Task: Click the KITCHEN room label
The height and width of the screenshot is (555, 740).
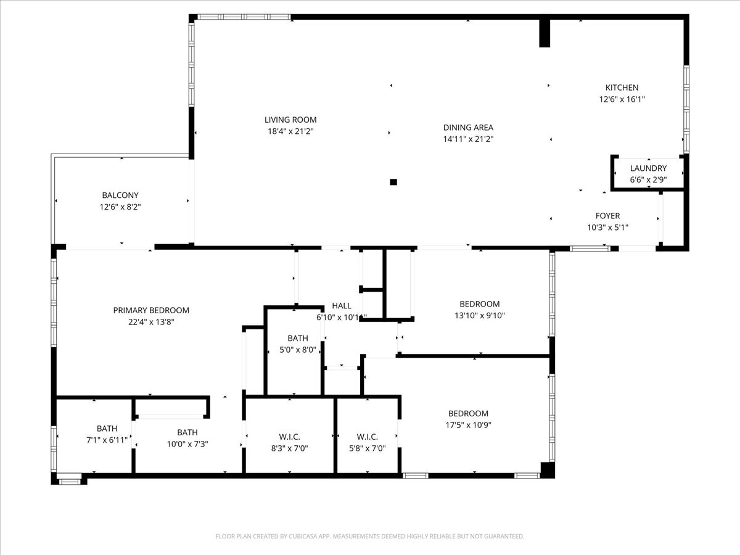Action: (x=622, y=88)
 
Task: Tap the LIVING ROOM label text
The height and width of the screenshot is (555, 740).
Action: (x=290, y=120)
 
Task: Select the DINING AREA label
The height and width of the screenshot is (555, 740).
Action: (x=468, y=128)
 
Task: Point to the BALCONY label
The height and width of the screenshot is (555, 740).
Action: (x=120, y=195)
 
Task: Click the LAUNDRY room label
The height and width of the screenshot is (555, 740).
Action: (x=648, y=168)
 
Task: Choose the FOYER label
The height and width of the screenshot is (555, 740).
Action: (x=607, y=216)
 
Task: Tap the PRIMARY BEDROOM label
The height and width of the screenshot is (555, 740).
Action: (x=151, y=310)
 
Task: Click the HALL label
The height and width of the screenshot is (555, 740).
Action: (x=342, y=306)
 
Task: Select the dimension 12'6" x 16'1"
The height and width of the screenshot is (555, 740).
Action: (x=622, y=99)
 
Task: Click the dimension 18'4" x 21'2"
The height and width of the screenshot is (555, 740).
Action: (x=290, y=131)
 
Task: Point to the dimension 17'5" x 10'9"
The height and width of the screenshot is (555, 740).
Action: (x=468, y=425)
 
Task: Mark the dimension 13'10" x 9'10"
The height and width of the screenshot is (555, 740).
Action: (x=479, y=316)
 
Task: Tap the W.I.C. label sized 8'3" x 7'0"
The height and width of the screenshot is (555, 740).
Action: (x=289, y=437)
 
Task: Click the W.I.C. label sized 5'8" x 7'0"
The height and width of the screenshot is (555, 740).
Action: (x=367, y=437)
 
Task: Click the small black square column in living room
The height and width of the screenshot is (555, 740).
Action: (x=393, y=182)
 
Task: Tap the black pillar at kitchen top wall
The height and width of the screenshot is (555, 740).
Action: (x=545, y=33)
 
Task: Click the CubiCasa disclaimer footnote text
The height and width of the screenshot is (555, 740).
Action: (x=370, y=536)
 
